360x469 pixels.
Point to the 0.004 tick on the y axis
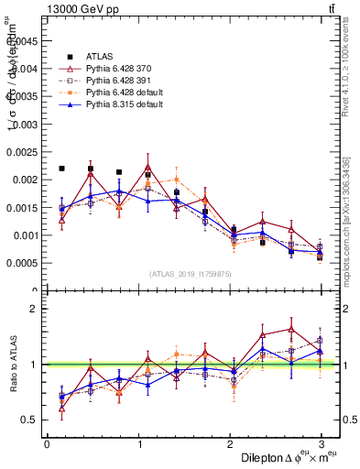[x=26, y=68]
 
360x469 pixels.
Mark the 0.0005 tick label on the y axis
[x=22, y=263]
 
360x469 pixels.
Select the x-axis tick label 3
[x=322, y=443]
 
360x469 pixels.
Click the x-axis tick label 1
[x=138, y=443]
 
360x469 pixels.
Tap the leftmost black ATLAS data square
[x=61, y=169]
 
